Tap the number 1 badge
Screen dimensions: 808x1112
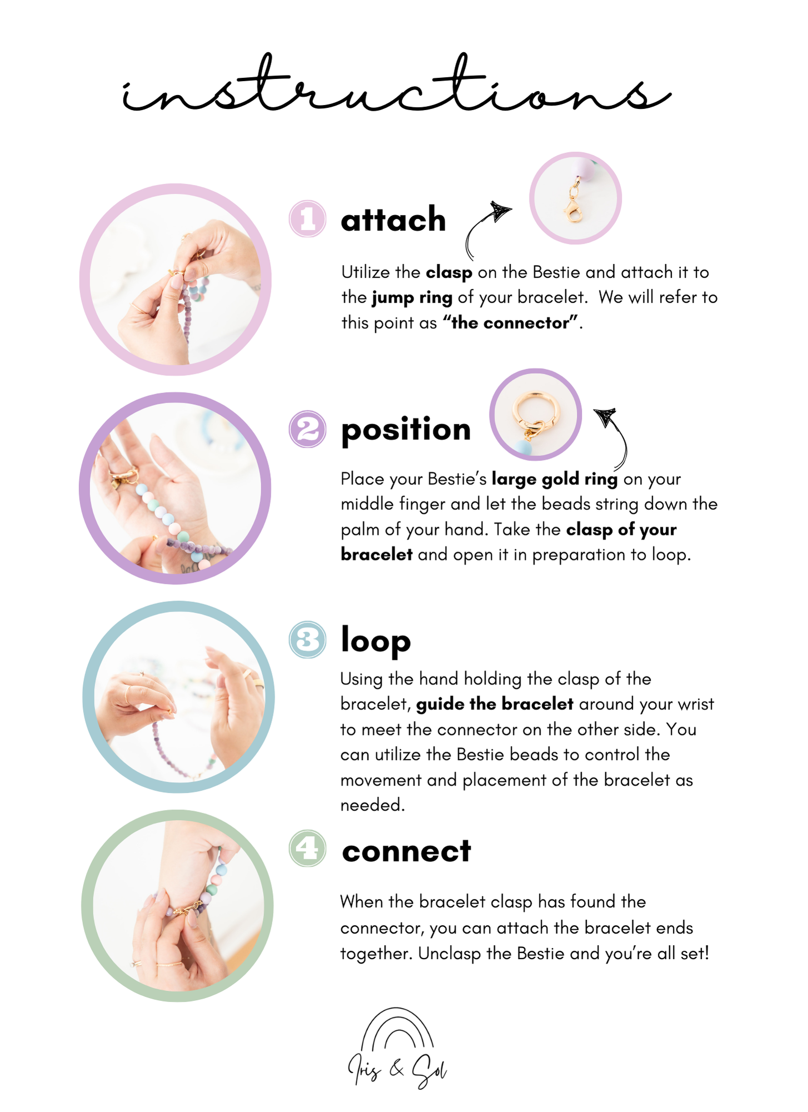point(307,219)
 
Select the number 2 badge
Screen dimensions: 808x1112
point(307,429)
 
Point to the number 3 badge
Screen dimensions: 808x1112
point(307,639)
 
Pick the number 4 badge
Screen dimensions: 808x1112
point(307,848)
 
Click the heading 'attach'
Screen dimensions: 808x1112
point(393,219)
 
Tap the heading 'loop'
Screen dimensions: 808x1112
point(376,641)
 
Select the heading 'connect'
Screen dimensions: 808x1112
point(406,851)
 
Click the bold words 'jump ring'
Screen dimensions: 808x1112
point(412,297)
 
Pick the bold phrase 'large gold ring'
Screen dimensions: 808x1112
point(555,479)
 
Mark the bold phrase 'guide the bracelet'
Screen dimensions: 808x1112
point(495,704)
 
